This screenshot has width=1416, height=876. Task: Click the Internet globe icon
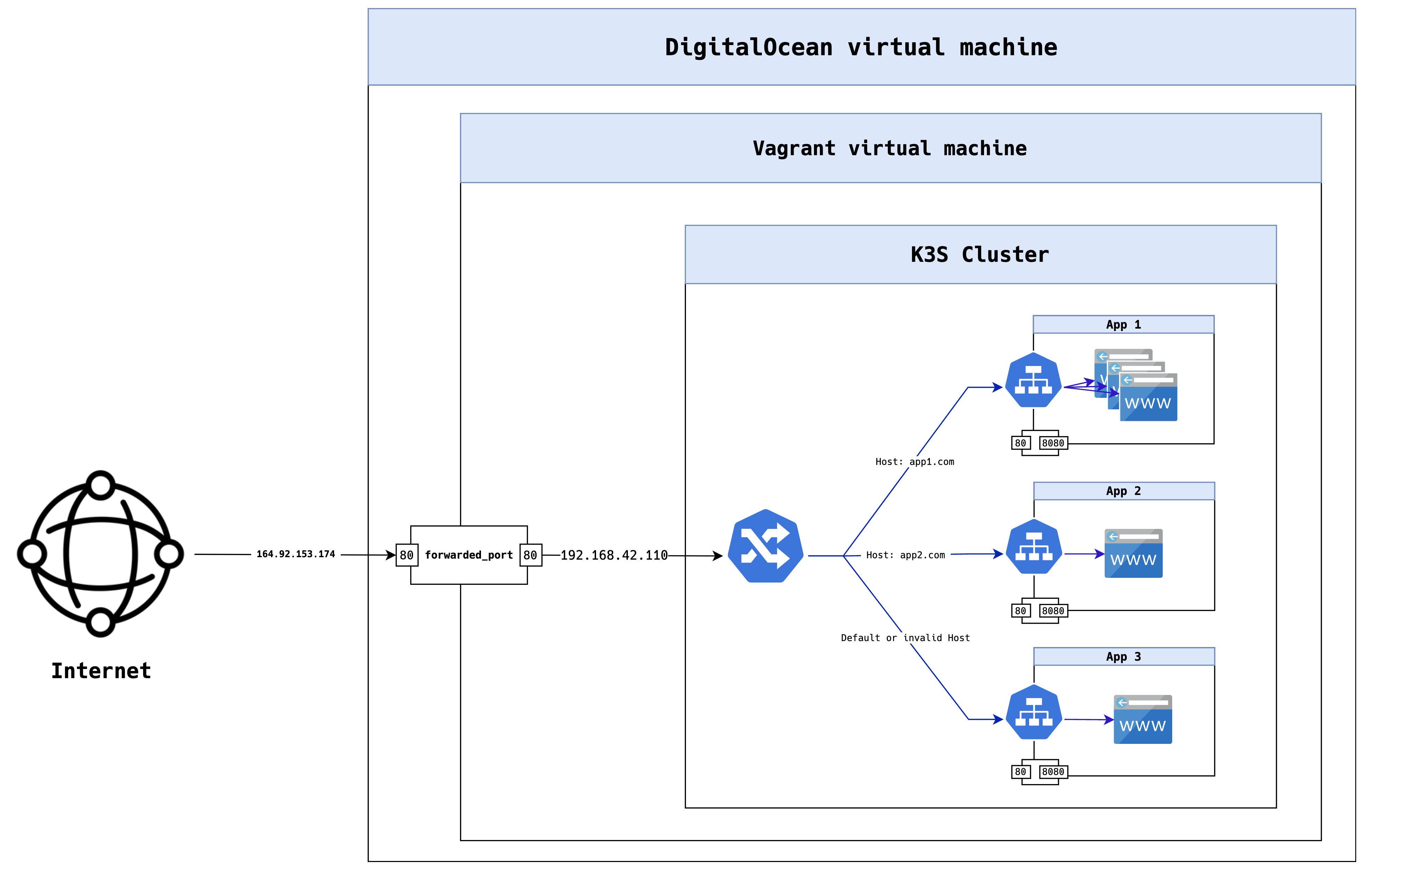[x=100, y=553]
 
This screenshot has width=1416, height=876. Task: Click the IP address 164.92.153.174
[x=296, y=554]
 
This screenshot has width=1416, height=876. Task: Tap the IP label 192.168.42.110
[x=614, y=555]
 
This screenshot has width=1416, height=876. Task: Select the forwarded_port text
[x=468, y=555]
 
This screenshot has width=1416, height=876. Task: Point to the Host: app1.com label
[x=915, y=462]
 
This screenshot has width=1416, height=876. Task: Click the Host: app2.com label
[x=905, y=555]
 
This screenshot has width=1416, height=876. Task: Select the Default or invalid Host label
[x=905, y=638]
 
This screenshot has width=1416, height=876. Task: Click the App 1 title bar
[x=1123, y=324]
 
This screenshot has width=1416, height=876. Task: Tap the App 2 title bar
[x=1123, y=491]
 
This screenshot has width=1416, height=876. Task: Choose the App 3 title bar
[x=1123, y=656]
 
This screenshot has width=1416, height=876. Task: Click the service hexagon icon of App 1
[x=1033, y=380]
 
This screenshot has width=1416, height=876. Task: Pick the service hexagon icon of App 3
[x=1033, y=712]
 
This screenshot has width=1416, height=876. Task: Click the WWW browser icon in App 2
[x=1133, y=553]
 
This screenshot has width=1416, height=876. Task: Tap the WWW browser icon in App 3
[x=1142, y=719]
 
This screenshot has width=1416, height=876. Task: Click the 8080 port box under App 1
[x=1053, y=443]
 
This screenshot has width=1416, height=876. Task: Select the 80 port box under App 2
[x=1020, y=611]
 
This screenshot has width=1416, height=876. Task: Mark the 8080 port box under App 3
[x=1053, y=772]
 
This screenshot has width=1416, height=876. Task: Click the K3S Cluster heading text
[x=979, y=255]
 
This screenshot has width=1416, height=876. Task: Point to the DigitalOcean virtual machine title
[x=861, y=47]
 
